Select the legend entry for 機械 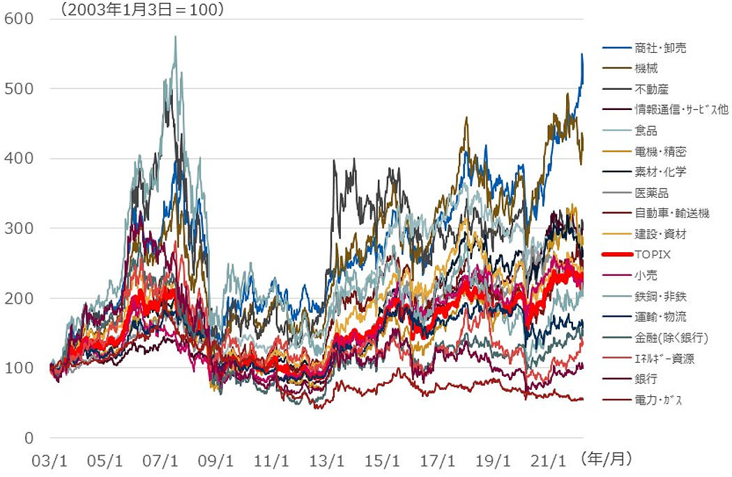tap(646, 68)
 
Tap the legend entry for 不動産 tap(651, 89)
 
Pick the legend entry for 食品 tap(646, 130)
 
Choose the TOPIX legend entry tap(652, 255)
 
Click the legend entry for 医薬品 tap(651, 193)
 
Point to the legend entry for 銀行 tap(646, 380)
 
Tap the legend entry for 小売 tap(646, 276)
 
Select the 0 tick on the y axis tap(28, 438)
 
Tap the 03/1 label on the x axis tap(49, 460)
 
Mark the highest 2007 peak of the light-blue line tap(175, 37)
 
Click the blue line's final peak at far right tap(582, 54)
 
